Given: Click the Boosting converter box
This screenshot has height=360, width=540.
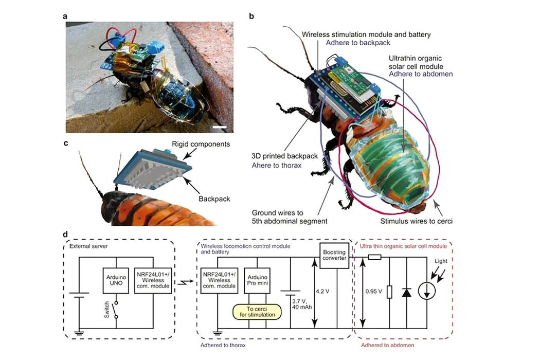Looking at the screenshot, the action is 334,255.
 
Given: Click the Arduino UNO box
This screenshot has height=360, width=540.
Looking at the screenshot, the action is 116,280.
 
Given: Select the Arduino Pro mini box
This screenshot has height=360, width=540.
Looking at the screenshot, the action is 257,280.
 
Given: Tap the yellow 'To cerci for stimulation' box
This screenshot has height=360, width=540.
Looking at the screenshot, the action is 257,312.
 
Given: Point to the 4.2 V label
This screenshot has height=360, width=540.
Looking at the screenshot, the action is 322,292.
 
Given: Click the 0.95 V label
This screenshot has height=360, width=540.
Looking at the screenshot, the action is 374,292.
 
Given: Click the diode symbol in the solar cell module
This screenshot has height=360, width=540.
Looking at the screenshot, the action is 407,293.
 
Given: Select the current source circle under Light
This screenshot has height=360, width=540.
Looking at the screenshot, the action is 427,291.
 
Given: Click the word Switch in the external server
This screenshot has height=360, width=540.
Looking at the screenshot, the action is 107,310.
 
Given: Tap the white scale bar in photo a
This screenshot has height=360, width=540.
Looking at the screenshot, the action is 220,128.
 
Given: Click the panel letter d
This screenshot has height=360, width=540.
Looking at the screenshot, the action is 65,235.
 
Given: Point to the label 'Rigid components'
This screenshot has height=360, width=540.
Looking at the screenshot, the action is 201,144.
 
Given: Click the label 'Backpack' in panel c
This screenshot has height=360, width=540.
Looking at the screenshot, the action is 214,199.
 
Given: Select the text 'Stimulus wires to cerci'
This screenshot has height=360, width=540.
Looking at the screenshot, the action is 417,221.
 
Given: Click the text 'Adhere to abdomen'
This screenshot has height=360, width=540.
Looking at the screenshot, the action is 421,74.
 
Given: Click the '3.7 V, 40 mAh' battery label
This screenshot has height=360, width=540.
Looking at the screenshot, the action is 302,304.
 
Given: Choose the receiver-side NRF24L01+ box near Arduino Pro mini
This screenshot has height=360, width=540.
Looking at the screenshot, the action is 219,280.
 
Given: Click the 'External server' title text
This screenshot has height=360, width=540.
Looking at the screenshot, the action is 88,246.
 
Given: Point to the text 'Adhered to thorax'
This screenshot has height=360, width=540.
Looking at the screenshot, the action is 223,345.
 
